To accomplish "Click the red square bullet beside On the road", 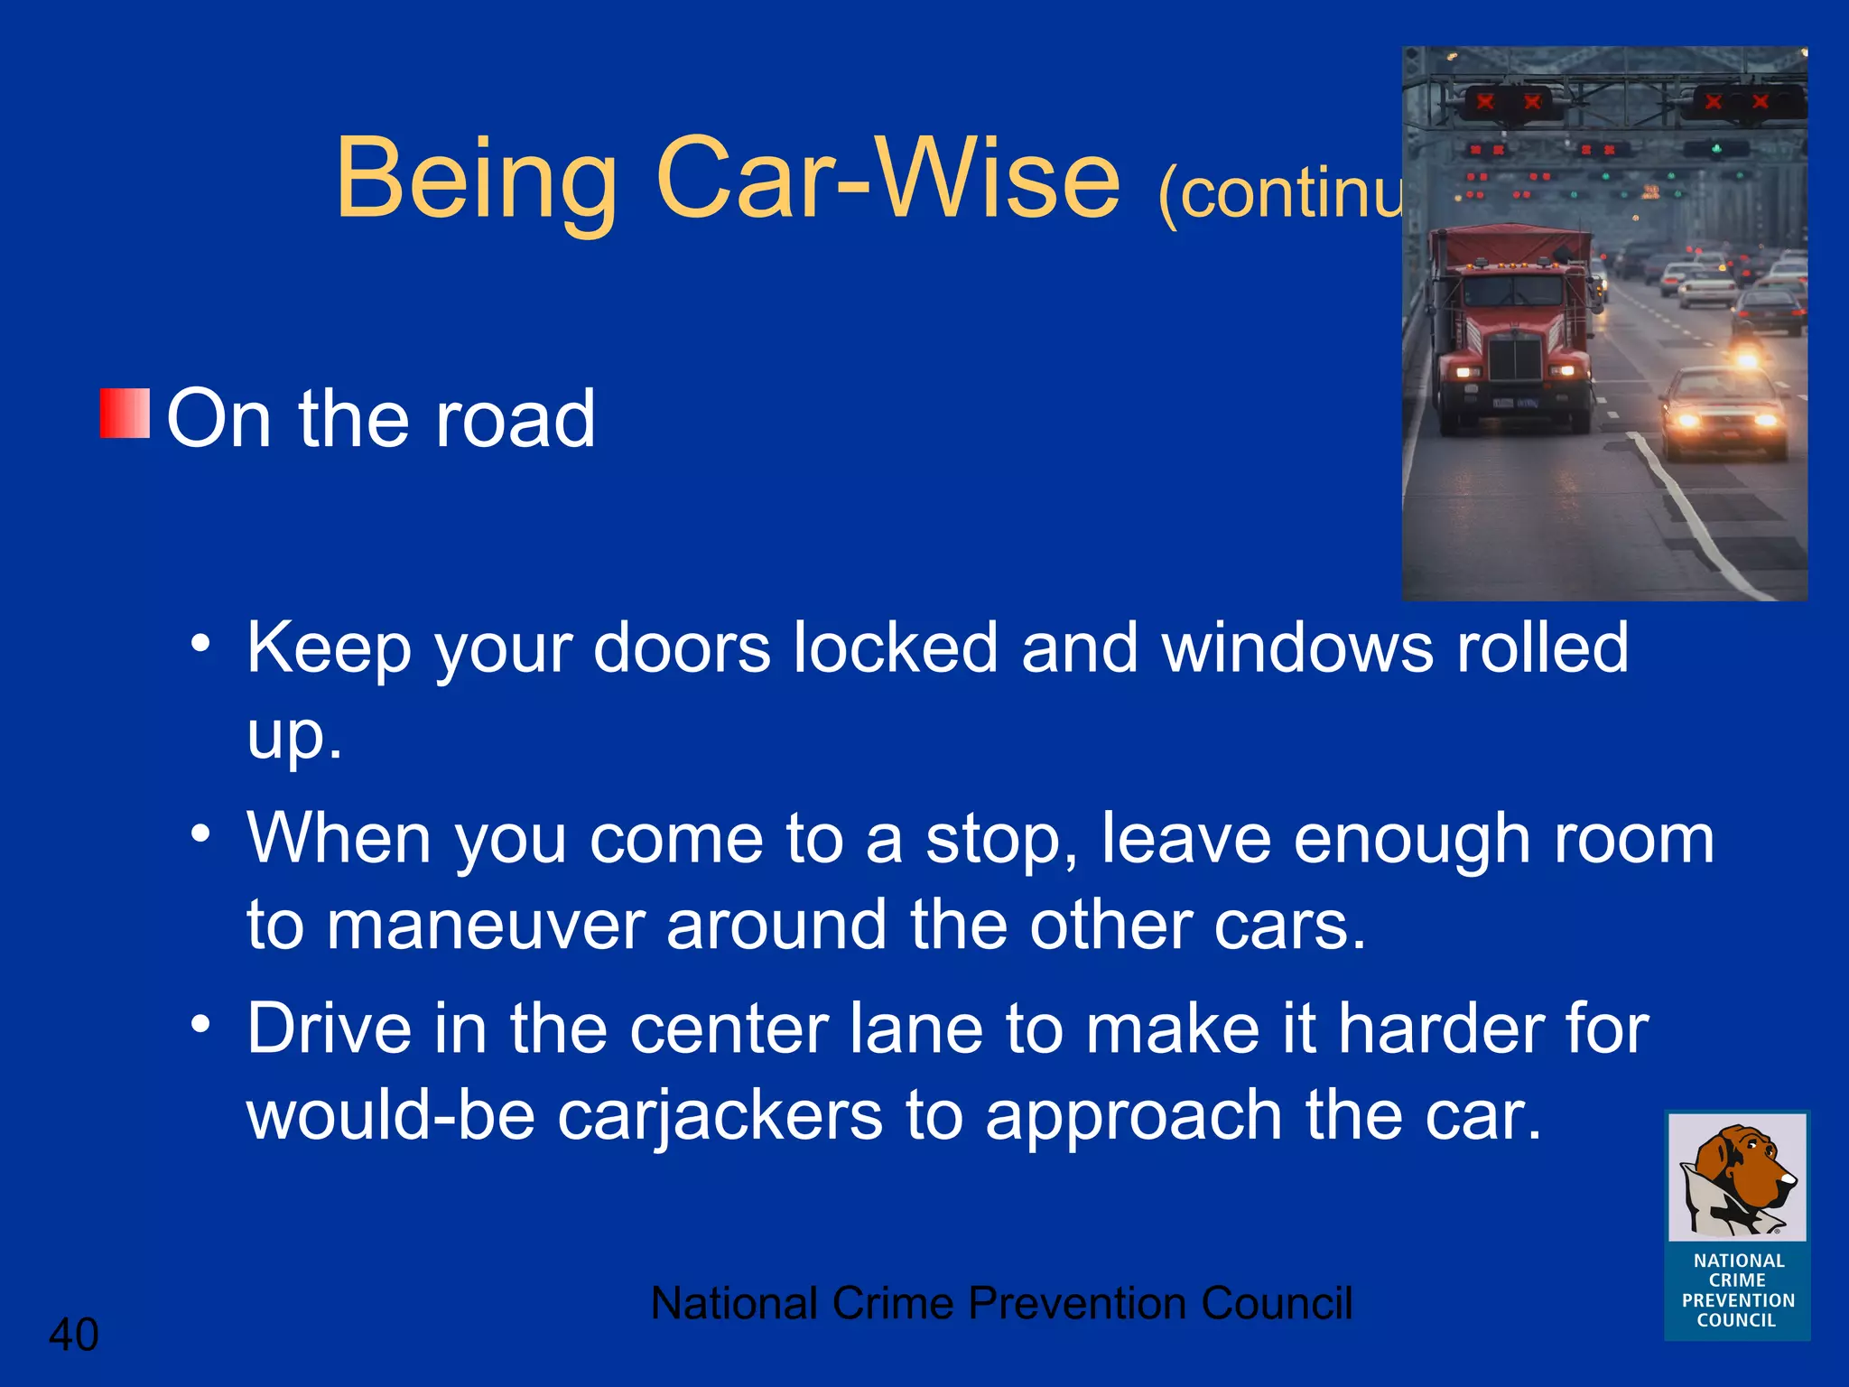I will pos(125,414).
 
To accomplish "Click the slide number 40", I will pos(73,1335).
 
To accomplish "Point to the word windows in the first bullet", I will pos(1297,648).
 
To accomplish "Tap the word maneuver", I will pos(485,926).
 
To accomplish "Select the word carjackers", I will pos(719,1116).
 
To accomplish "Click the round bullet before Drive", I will pos(200,1024).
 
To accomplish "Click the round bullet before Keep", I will pos(200,644).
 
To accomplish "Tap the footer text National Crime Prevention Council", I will pos(1000,1303).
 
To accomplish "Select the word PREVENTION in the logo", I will pos(1738,1300).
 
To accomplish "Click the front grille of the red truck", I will pos(1514,358).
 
